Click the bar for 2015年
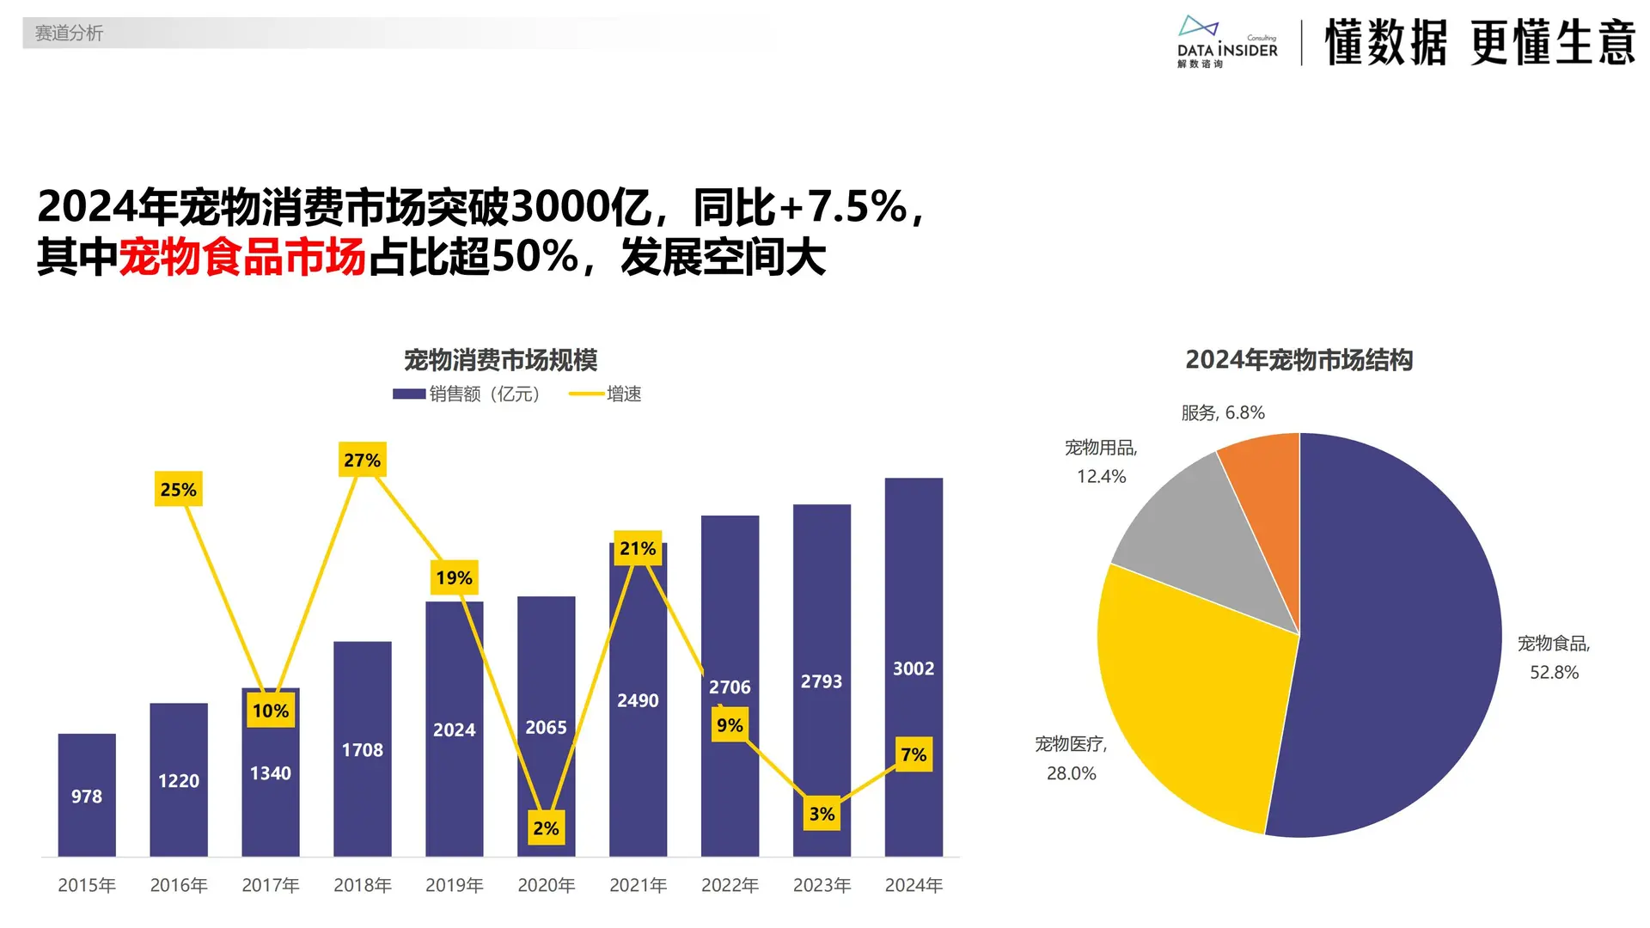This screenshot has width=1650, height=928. click(x=87, y=795)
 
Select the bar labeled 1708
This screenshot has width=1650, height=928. click(x=363, y=750)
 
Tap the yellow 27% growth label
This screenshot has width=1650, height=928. click(x=362, y=461)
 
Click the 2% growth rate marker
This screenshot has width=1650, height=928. click(x=546, y=828)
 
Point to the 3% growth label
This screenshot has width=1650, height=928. click(x=822, y=814)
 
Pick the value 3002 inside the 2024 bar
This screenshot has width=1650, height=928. click(x=914, y=669)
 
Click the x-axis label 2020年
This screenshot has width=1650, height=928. click(x=546, y=885)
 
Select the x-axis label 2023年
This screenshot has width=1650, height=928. click(x=822, y=885)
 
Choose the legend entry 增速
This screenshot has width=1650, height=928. click(x=607, y=394)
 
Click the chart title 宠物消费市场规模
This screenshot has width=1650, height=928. click(x=500, y=360)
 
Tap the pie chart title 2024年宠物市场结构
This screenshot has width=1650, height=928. click(x=1299, y=360)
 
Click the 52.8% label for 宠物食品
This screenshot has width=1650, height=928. click(x=1554, y=673)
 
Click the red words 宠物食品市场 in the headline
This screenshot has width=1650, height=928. click(x=242, y=258)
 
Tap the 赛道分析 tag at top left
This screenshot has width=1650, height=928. click(x=69, y=34)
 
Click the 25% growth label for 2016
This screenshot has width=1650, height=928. click(x=179, y=490)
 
